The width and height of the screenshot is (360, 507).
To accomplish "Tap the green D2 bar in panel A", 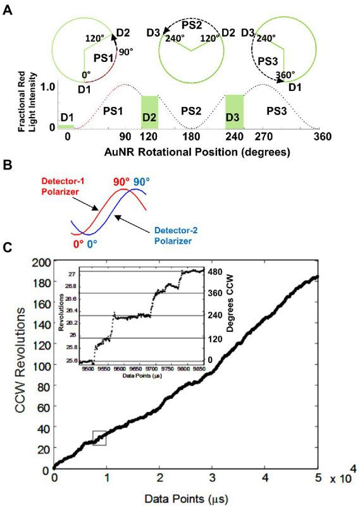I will tap(149, 113).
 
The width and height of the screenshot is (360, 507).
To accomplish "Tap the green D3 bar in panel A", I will tap(234, 112).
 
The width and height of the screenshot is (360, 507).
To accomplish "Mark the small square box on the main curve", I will tap(99, 437).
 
